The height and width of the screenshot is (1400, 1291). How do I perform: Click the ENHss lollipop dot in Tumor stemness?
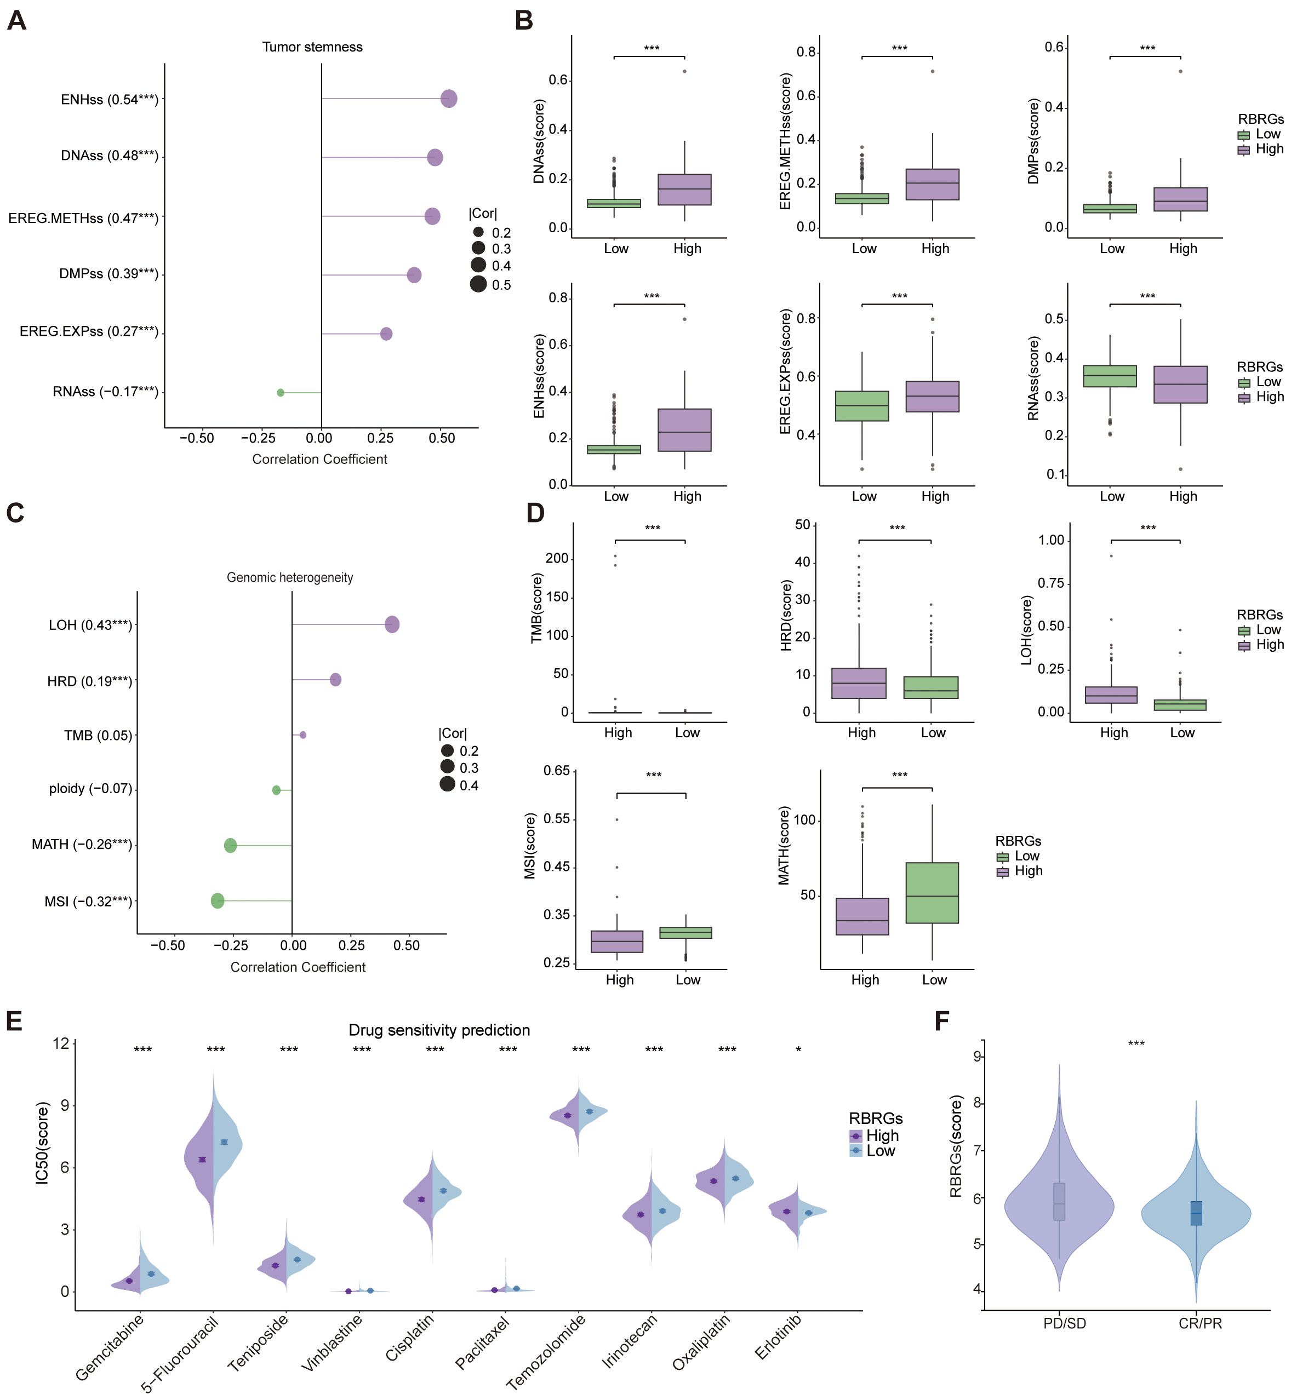click(448, 99)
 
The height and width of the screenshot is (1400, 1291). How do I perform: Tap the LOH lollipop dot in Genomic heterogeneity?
click(392, 624)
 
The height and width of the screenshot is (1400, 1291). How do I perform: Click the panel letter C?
click(15, 513)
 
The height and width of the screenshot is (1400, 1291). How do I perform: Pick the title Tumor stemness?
click(312, 47)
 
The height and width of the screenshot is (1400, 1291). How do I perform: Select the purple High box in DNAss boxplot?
click(684, 189)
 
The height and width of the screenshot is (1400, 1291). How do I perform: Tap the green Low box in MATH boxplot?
click(932, 892)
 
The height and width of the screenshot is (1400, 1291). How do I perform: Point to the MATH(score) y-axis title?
click(784, 846)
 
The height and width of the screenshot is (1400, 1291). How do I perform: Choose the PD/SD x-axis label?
click(1064, 1323)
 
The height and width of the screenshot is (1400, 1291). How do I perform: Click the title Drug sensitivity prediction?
click(439, 1030)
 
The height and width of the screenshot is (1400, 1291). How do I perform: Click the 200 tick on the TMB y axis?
click(557, 559)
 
